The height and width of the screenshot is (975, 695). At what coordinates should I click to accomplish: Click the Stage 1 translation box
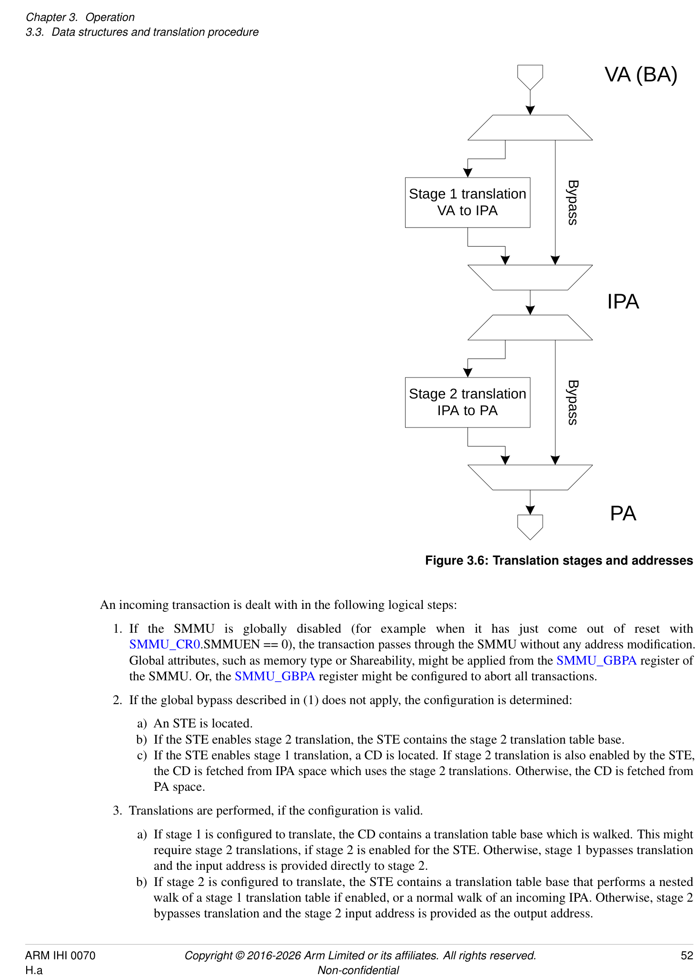pos(467,202)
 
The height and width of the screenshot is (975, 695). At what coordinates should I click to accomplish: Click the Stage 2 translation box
pos(467,402)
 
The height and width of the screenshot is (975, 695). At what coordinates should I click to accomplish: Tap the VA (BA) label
pos(640,75)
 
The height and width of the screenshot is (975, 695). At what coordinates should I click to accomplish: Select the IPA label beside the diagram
pos(623,302)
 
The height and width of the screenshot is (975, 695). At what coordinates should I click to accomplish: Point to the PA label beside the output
pos(623,514)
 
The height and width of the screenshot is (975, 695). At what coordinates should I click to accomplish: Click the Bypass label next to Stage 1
pos(573,202)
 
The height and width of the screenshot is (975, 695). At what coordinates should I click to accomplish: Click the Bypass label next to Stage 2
pos(573,402)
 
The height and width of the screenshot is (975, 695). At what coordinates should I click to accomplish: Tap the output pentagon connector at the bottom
pos(530,526)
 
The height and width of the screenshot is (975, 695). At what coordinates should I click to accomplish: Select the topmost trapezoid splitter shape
pos(530,128)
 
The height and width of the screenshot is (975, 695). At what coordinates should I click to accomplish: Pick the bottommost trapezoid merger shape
pos(530,477)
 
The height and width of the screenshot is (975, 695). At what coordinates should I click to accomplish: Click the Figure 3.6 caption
pos(558,560)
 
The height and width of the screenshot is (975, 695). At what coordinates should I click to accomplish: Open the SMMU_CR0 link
pos(164,645)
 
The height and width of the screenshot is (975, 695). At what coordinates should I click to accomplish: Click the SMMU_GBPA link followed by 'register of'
pos(596,660)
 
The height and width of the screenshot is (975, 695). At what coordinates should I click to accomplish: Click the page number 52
pos(686,955)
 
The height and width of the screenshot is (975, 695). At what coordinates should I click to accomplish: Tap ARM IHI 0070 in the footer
pos(60,955)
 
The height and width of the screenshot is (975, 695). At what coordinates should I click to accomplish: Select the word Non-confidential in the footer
pos(358,970)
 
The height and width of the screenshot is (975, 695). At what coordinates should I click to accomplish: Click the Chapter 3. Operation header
pos(80,17)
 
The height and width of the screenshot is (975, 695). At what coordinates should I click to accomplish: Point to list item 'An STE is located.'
pos(203,724)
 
